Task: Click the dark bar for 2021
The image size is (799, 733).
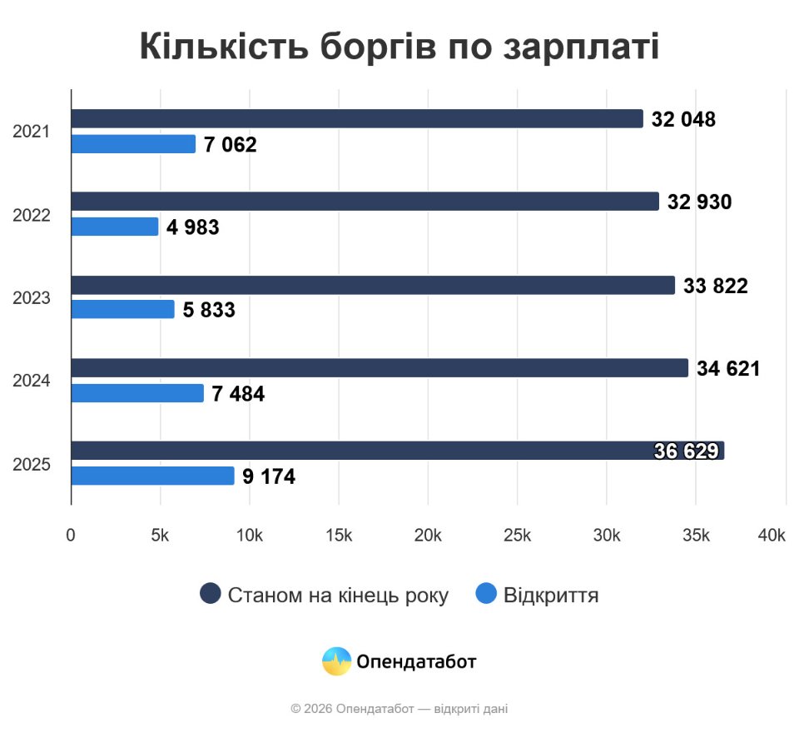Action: pyautogui.click(x=356, y=118)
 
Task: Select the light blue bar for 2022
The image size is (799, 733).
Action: pyautogui.click(x=114, y=227)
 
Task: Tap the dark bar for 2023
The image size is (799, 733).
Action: pyautogui.click(x=372, y=285)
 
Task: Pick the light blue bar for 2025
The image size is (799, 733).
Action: pyautogui.click(x=152, y=476)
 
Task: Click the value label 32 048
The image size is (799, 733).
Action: pyautogui.click(x=683, y=119)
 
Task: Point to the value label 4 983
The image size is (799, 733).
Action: pyautogui.click(x=192, y=227)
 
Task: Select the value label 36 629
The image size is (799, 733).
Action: pyautogui.click(x=686, y=451)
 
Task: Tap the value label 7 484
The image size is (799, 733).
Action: pyautogui.click(x=238, y=394)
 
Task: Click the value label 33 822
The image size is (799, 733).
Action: pyautogui.click(x=716, y=287)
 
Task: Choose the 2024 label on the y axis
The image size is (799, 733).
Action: pyautogui.click(x=32, y=381)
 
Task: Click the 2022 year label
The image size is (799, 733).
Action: pyautogui.click(x=32, y=215)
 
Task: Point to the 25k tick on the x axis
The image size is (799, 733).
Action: pyautogui.click(x=517, y=536)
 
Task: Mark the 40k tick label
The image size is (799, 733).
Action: pyautogui.click(x=772, y=536)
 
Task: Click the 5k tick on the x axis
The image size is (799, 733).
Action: pyautogui.click(x=160, y=536)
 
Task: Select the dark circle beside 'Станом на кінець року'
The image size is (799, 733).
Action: pyautogui.click(x=211, y=594)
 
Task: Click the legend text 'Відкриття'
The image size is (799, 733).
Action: pyautogui.click(x=551, y=595)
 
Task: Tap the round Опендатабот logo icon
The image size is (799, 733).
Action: pyautogui.click(x=336, y=661)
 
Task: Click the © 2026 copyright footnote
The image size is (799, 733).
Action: pyautogui.click(x=399, y=709)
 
